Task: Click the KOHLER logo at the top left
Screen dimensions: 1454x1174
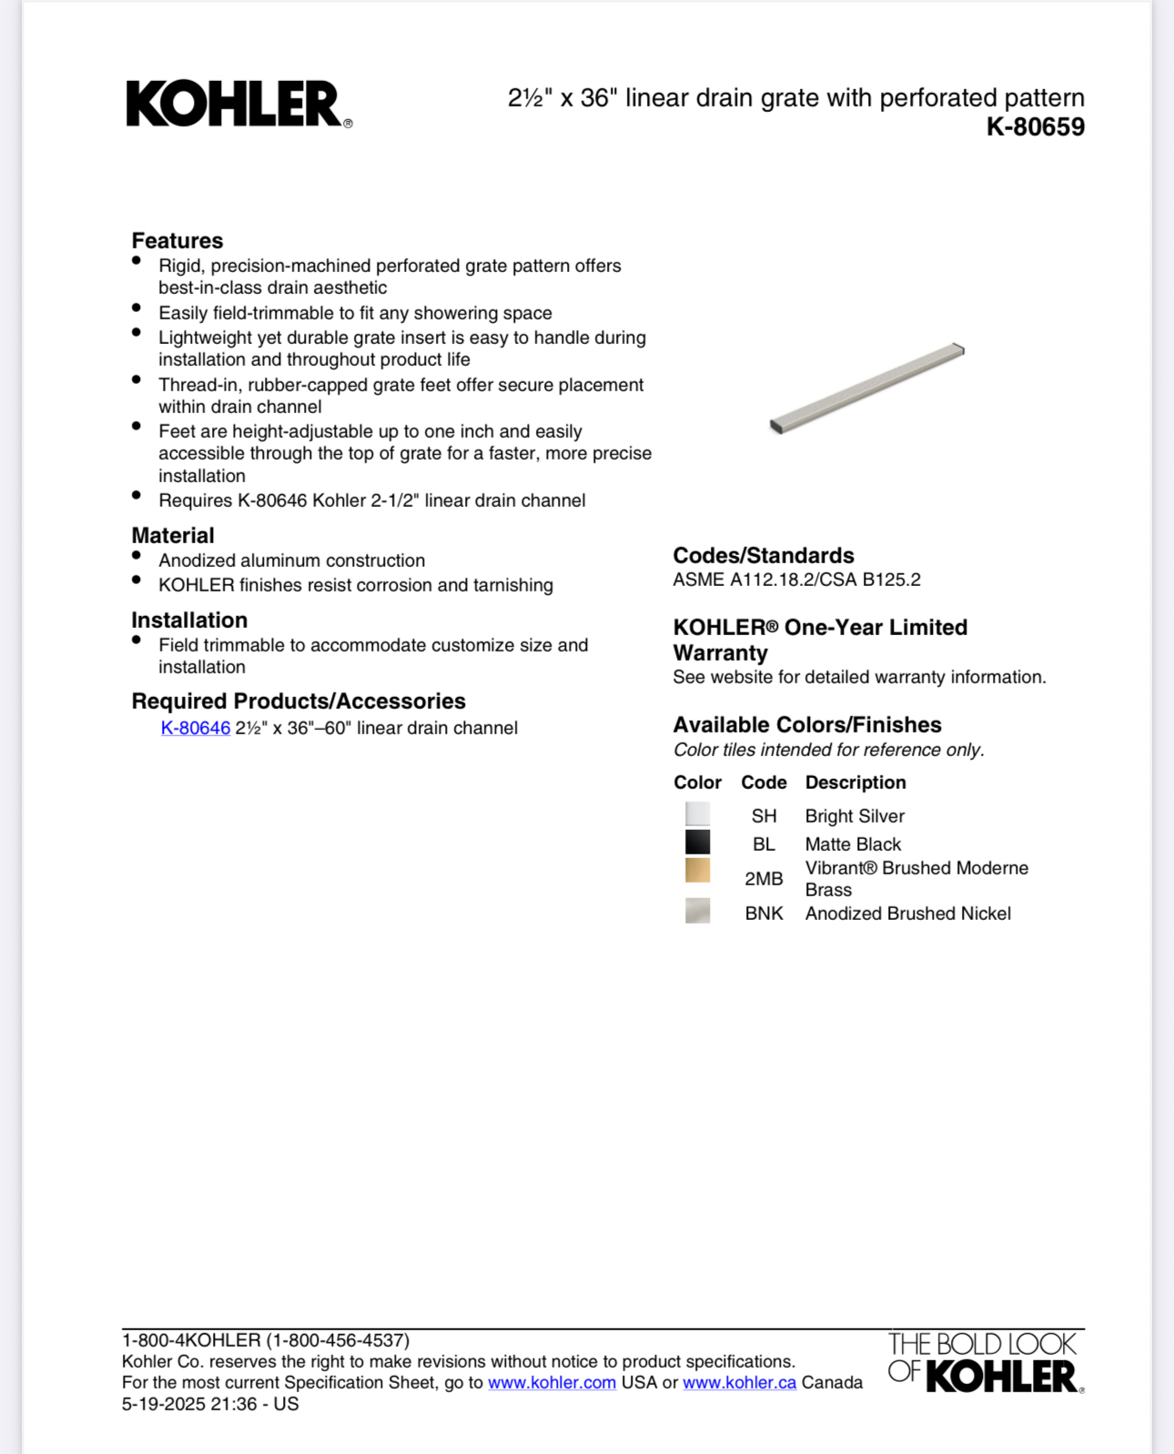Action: pos(238,104)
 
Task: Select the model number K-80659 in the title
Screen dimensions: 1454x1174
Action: pos(1035,126)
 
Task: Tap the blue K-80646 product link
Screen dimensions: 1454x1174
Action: pos(196,728)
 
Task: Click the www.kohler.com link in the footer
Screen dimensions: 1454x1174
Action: pos(552,1382)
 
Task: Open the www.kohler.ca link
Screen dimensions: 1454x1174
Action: pos(739,1382)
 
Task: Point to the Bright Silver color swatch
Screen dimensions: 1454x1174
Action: pos(697,813)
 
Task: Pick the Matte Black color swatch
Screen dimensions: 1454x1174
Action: pos(697,842)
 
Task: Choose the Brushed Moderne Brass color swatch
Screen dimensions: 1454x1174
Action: pos(697,870)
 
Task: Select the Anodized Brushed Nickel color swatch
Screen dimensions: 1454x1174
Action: pos(697,911)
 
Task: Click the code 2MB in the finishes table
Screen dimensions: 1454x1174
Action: pos(764,879)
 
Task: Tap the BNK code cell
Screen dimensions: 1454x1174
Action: pos(764,914)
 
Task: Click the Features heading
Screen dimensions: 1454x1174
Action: pos(177,240)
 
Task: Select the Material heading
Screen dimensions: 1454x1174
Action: pos(173,535)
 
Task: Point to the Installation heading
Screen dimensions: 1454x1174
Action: pos(189,620)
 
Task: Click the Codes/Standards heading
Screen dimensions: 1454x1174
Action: pos(763,555)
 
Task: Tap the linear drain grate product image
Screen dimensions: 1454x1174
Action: pos(866,389)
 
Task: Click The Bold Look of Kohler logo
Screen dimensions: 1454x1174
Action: pos(985,1362)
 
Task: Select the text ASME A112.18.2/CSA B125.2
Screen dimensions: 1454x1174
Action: pos(796,580)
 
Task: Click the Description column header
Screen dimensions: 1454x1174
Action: pos(855,783)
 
